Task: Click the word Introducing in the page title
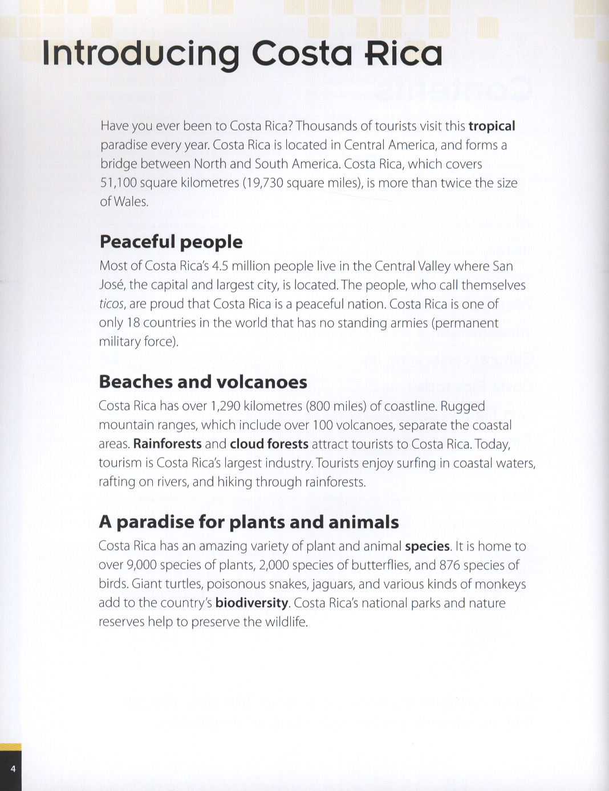(x=140, y=54)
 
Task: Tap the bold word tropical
(x=492, y=126)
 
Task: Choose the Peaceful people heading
(x=171, y=242)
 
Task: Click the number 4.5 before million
(x=220, y=266)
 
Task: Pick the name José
(x=112, y=285)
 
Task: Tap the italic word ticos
(x=111, y=304)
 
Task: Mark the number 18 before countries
(x=133, y=323)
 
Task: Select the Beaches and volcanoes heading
(x=203, y=382)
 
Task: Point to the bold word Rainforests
(x=167, y=444)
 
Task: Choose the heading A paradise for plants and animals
(x=249, y=522)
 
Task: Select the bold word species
(x=427, y=546)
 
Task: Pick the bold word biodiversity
(x=251, y=603)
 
